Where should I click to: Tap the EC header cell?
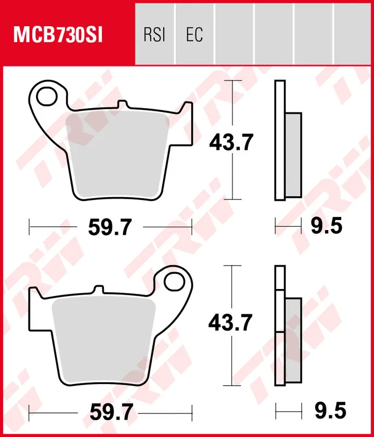[194, 35]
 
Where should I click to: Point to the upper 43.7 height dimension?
[231, 143]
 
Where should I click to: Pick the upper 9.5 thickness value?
[326, 225]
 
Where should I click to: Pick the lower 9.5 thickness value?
[326, 409]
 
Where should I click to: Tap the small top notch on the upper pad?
[122, 104]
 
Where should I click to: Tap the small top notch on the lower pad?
[99, 289]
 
